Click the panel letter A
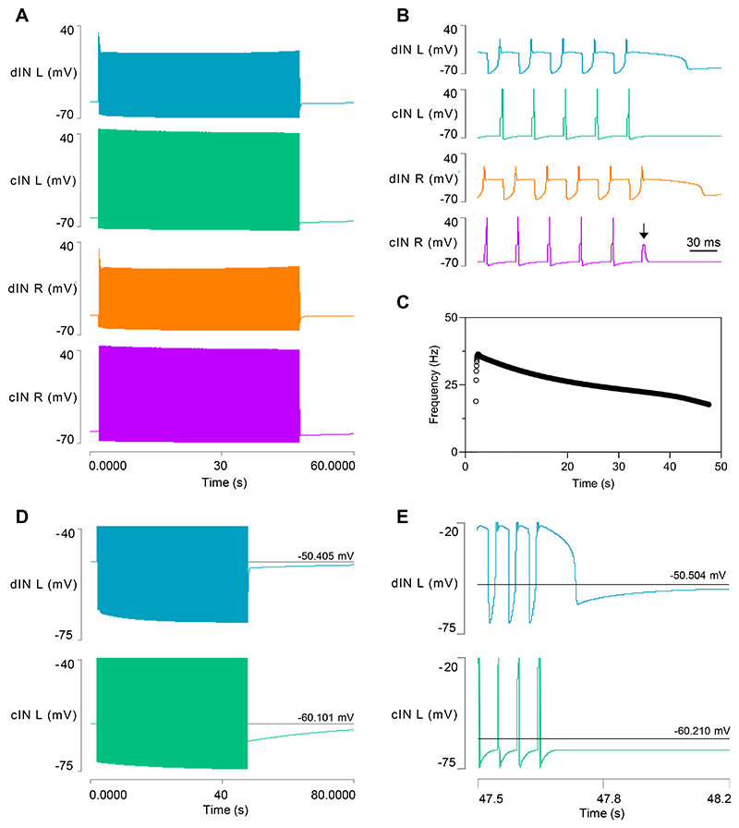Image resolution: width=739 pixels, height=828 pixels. (18, 14)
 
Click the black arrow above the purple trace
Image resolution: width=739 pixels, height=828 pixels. (644, 235)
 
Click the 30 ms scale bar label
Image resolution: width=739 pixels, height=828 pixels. (703, 241)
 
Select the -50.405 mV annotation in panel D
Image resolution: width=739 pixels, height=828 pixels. (326, 555)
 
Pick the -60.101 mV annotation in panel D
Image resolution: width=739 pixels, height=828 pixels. (326, 716)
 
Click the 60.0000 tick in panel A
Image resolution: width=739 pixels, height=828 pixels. (332, 468)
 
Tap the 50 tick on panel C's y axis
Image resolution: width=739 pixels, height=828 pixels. (453, 317)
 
